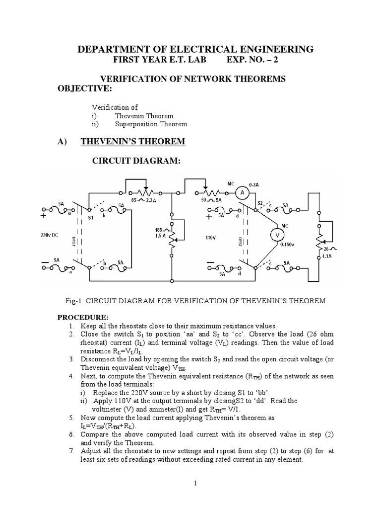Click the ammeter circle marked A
click(242, 192)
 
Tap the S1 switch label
click(91, 218)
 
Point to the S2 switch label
click(260, 202)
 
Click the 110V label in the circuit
click(211, 238)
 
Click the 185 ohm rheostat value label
click(159, 230)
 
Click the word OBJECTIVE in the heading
click(86, 88)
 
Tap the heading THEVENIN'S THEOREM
click(133, 142)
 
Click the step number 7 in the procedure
click(72, 451)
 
